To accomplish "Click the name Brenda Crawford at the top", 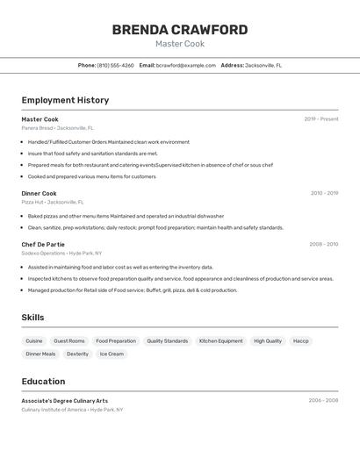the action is point(180,30).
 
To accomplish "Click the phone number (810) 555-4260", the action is point(115,65).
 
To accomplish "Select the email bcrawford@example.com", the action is point(186,65).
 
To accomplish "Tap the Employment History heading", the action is point(65,100).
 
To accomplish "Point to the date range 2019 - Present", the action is point(320,119).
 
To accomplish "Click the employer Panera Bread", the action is point(37,128).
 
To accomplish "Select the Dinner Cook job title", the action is point(39,193).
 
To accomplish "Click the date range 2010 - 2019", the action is point(324,193).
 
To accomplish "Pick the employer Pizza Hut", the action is point(32,202).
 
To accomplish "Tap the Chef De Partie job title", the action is point(43,244).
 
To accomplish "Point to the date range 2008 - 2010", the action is point(323,244).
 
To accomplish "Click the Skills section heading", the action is point(32,318).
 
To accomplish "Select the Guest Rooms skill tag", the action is point(69,340).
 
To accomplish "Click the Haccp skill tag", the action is point(300,340).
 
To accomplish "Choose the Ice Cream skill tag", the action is point(112,354).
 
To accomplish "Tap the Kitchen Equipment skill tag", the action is point(220,340).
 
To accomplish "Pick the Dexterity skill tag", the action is point(77,354).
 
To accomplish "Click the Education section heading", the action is point(43,382).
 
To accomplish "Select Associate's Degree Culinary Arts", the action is point(65,400).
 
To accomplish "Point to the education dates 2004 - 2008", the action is point(323,400).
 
